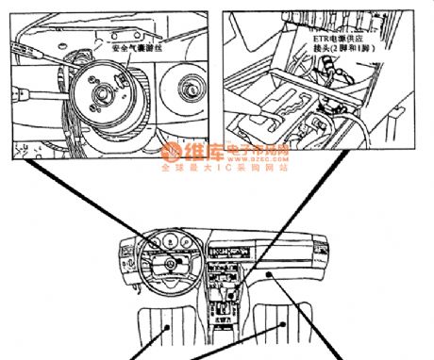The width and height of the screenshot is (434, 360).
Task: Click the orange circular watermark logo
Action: click(x=171, y=152)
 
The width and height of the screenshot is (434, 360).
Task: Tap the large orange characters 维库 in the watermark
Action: click(x=199, y=152)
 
